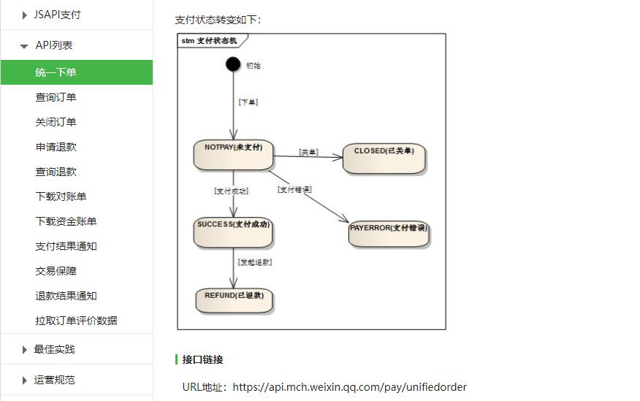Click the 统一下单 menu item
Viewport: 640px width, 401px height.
pos(56,72)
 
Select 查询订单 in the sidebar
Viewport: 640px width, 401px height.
pos(56,97)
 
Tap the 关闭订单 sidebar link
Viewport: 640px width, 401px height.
pos(56,122)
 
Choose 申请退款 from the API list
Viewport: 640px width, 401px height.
pos(56,147)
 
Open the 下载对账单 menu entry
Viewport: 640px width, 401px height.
pos(61,196)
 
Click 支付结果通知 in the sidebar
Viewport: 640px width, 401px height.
pos(66,246)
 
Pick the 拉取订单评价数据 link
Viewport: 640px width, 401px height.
pos(76,321)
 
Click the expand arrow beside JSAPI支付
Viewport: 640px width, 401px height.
pos(25,15)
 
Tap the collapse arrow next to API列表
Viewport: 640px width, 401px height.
pos(25,46)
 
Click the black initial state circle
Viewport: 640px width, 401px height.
pos(233,64)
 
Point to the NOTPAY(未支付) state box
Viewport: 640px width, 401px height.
pos(233,155)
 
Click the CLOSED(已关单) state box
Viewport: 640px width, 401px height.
pos(384,158)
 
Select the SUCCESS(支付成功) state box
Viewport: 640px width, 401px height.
pos(234,232)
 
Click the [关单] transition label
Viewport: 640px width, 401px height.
pos(308,152)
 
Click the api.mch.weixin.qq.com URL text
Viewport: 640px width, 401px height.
pos(349,387)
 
